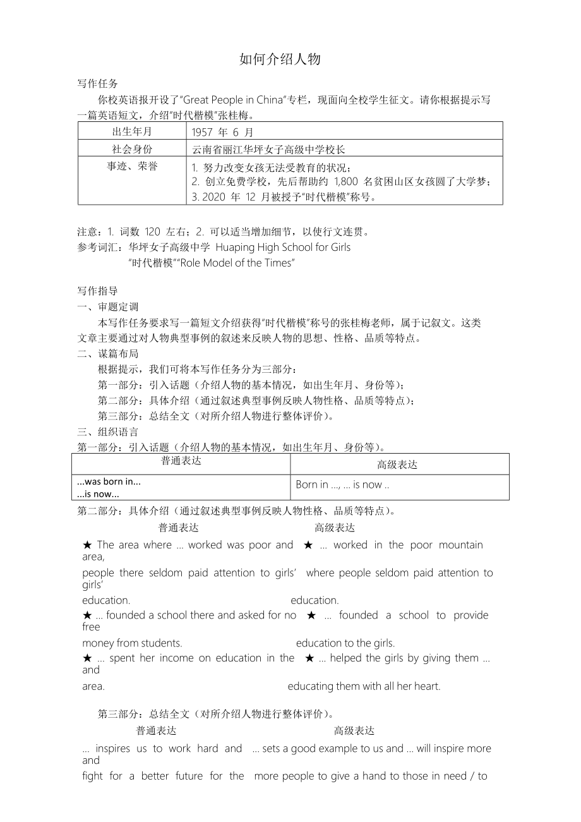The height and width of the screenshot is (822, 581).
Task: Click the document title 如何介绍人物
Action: point(280,59)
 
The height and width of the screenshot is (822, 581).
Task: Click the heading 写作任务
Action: point(97,83)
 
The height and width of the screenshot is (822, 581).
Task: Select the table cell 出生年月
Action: point(132,131)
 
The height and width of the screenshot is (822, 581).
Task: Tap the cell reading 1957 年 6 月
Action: point(222,132)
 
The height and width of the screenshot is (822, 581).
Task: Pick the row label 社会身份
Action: point(132,149)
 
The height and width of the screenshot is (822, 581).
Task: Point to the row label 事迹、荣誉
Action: point(132,166)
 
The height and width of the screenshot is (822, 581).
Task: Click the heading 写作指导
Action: point(97,291)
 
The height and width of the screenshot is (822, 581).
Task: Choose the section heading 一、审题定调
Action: point(107,306)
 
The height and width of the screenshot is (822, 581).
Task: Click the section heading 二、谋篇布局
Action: point(107,353)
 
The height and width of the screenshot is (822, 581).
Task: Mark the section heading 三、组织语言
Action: point(107,432)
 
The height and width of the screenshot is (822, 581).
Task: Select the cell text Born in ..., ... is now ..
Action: point(342,485)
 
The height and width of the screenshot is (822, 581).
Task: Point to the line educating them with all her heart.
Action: point(364,686)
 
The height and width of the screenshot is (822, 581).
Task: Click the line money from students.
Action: point(132,643)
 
